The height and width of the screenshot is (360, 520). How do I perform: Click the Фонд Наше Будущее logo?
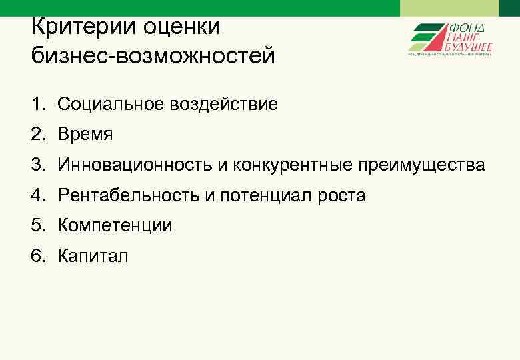451,39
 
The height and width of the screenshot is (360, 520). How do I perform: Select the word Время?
85,135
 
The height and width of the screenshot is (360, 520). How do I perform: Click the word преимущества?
421,165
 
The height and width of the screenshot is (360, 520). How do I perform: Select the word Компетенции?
115,226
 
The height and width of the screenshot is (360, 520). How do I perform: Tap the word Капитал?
93,256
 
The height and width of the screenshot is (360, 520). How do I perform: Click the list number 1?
37,104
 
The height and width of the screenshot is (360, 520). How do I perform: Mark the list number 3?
37,165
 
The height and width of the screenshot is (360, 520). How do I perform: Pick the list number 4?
37,195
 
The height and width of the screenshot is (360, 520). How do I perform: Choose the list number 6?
37,256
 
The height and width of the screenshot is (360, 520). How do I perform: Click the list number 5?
37,226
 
